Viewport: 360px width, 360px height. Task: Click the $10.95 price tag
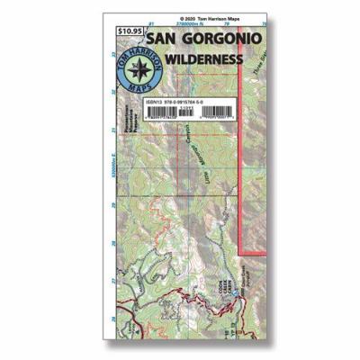pyautogui.click(x=130, y=32)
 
